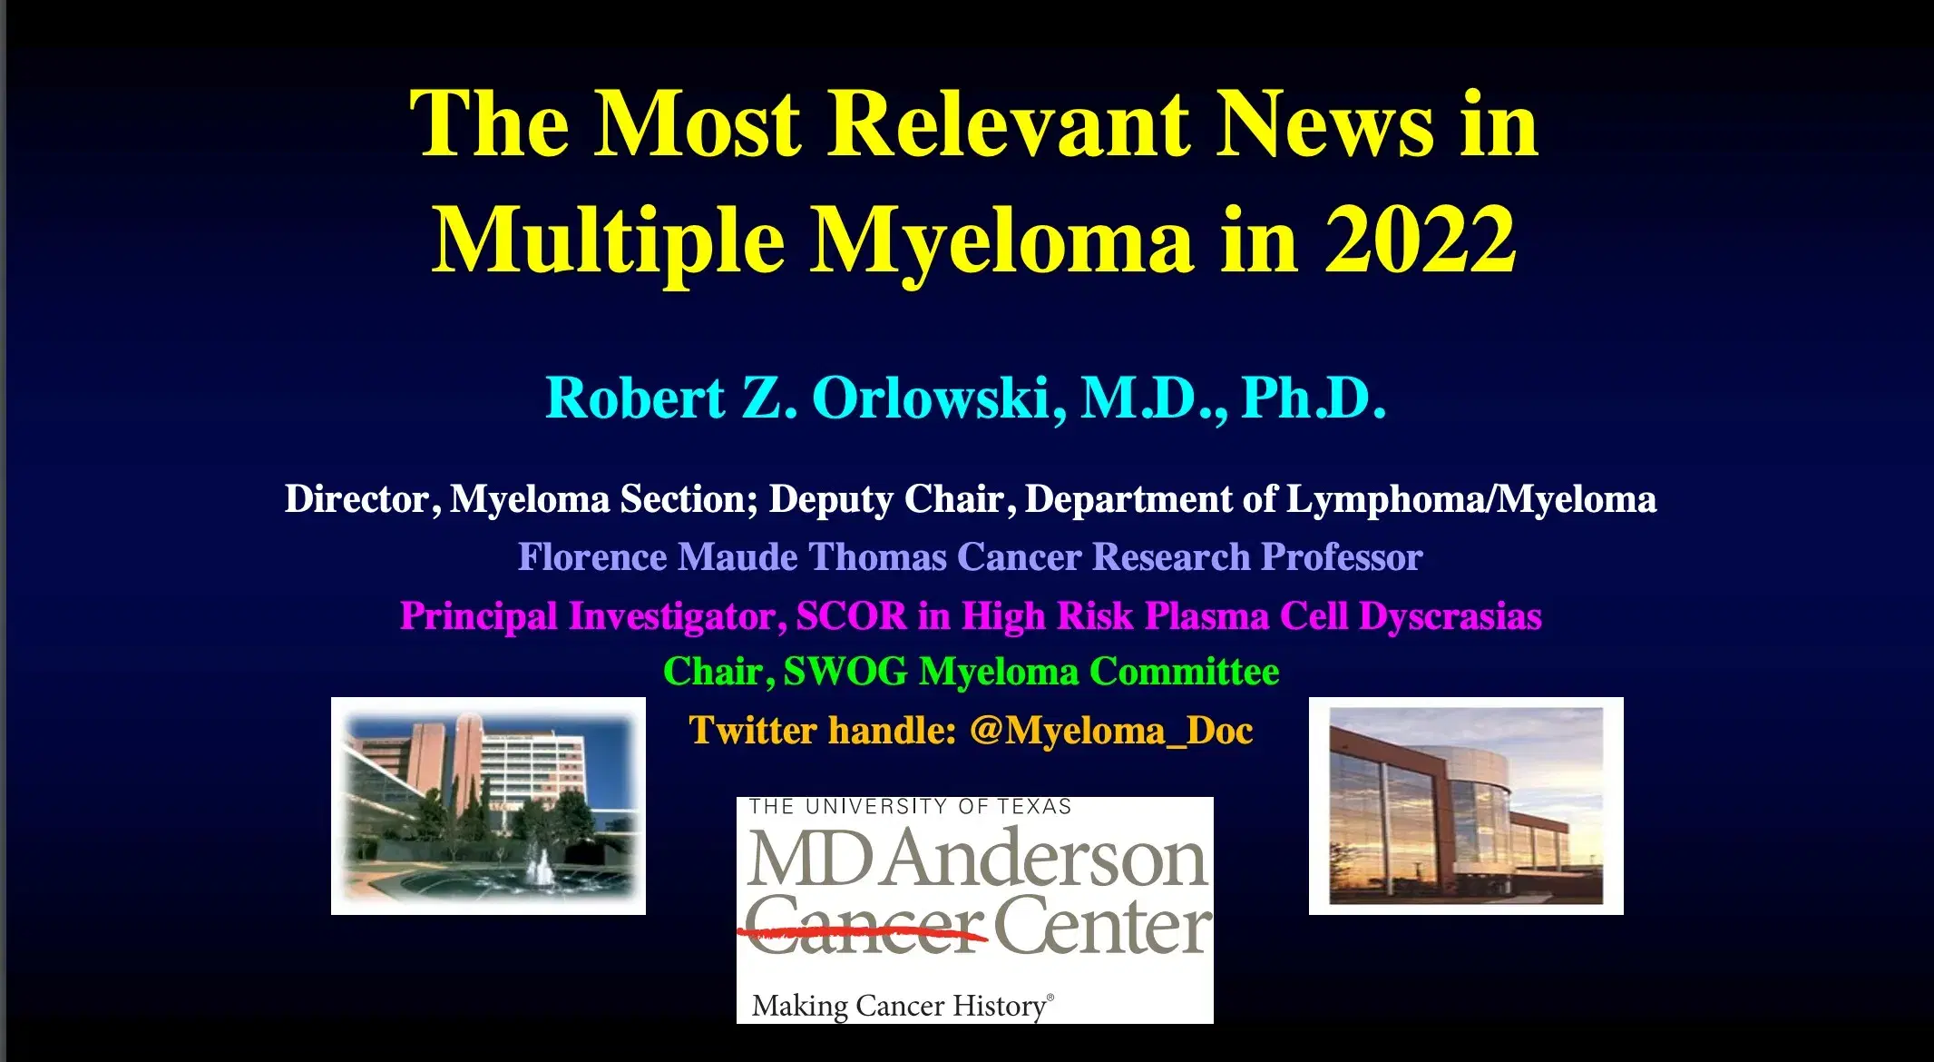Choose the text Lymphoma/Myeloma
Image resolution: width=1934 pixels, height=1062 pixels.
pyautogui.click(x=1470, y=499)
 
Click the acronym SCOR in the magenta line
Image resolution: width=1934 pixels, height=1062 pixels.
pyautogui.click(x=851, y=616)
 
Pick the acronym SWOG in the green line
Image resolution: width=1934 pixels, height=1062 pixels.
pyautogui.click(x=845, y=672)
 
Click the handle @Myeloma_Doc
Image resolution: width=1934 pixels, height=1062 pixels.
pyautogui.click(x=1111, y=731)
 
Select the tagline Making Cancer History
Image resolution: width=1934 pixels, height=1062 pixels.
pyautogui.click(x=902, y=1006)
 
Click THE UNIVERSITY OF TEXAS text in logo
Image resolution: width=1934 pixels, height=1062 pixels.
pyautogui.click(x=910, y=806)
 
